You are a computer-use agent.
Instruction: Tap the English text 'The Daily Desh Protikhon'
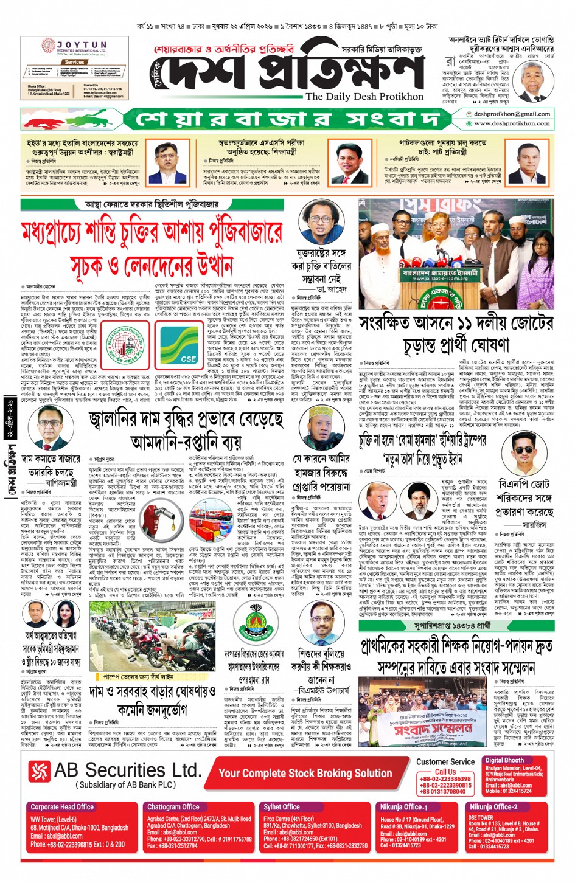(x=364, y=97)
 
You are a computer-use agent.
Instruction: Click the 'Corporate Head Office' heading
(x=62, y=807)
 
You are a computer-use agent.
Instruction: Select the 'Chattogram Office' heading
(x=173, y=807)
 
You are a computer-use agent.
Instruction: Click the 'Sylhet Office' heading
(x=281, y=807)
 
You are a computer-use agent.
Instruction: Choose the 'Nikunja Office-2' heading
(x=493, y=807)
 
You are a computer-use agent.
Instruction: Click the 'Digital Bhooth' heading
(x=504, y=760)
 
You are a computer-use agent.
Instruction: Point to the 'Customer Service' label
(x=445, y=761)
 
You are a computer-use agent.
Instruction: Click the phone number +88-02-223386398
(x=445, y=779)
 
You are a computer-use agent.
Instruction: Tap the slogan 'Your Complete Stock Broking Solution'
(x=305, y=773)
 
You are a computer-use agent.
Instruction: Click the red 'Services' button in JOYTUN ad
(x=74, y=62)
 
